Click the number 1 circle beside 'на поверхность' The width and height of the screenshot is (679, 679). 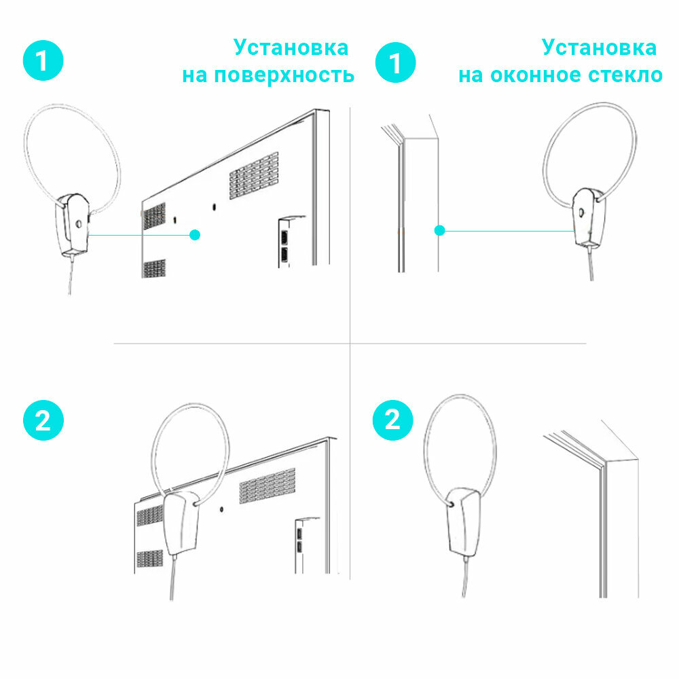coord(42,60)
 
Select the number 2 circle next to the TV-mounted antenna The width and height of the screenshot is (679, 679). coord(43,421)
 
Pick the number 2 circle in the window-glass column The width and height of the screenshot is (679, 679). coord(393,421)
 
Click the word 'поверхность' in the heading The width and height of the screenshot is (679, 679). coord(284,74)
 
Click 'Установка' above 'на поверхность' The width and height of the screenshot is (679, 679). coord(291,47)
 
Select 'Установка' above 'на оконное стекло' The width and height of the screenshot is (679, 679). coord(599,47)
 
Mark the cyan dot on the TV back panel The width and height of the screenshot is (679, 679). coord(195,235)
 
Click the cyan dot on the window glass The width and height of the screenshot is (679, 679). coord(439,230)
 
